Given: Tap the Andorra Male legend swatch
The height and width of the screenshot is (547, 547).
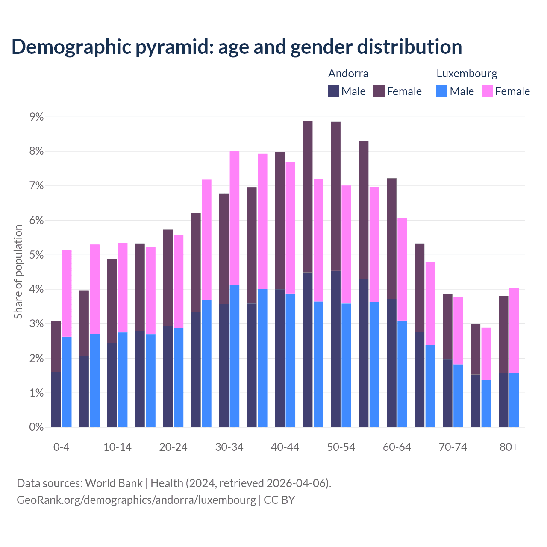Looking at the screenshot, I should pyautogui.click(x=334, y=91).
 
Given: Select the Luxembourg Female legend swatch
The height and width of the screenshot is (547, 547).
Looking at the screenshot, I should pyautogui.click(x=488, y=91).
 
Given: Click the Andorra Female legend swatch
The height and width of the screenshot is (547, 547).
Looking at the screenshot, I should pyautogui.click(x=379, y=91).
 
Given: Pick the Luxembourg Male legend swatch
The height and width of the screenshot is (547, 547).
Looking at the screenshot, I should pyautogui.click(x=442, y=91).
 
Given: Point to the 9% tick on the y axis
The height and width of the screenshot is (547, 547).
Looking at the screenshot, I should pyautogui.click(x=36, y=117).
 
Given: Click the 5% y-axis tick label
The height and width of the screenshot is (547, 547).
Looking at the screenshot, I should pyautogui.click(x=36, y=255).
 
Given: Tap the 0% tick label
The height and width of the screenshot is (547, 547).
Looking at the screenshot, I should pyautogui.click(x=36, y=427).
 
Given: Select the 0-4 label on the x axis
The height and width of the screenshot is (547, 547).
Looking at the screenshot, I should pyautogui.click(x=61, y=447).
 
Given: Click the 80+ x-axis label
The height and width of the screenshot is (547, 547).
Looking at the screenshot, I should pyautogui.click(x=509, y=447).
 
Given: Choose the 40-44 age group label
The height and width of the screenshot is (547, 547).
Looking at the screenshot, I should pyautogui.click(x=285, y=447).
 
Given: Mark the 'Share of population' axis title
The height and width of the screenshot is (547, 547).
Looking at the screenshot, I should pyautogui.click(x=18, y=272).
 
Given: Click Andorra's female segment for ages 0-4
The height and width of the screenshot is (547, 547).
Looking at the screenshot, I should pyautogui.click(x=56, y=346).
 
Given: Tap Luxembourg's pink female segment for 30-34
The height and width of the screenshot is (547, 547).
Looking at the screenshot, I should pyautogui.click(x=235, y=218).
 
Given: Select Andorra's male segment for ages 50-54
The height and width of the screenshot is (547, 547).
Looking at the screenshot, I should pyautogui.click(x=335, y=348).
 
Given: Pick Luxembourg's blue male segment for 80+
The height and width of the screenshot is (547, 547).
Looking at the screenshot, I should pyautogui.click(x=514, y=400).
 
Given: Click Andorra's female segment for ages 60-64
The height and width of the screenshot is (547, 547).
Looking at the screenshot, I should pyautogui.click(x=391, y=238).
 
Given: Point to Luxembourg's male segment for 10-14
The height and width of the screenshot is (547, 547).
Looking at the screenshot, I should pyautogui.click(x=123, y=379).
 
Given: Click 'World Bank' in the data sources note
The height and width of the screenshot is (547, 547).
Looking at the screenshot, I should pyautogui.click(x=114, y=483).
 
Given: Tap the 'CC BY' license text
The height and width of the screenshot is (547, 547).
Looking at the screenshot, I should pyautogui.click(x=279, y=500).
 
